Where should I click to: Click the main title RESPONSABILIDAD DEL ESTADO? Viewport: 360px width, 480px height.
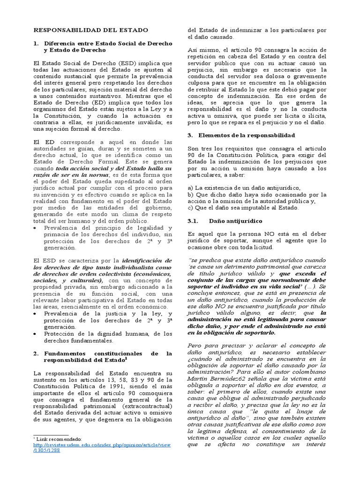91,30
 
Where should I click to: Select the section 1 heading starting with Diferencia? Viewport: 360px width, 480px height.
108,46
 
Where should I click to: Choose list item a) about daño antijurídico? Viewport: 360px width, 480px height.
244,187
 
